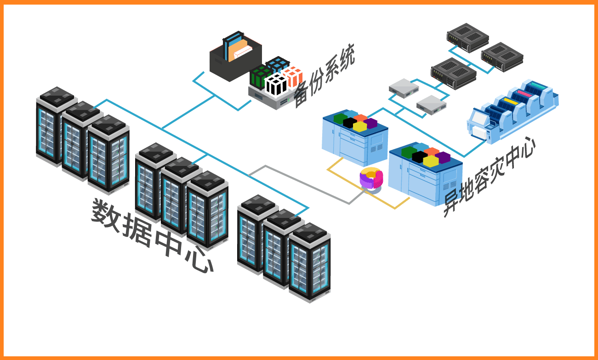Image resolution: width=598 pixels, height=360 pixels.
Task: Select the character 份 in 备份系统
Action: tap(319, 83)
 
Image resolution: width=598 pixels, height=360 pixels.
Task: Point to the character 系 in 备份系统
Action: tap(333, 71)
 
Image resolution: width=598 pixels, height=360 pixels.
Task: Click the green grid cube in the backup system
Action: tap(260, 77)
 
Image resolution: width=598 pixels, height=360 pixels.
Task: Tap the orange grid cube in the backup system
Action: tap(293, 76)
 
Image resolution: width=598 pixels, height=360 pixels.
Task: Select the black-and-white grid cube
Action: tap(276, 84)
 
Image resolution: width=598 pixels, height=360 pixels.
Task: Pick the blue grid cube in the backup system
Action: tap(277, 65)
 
